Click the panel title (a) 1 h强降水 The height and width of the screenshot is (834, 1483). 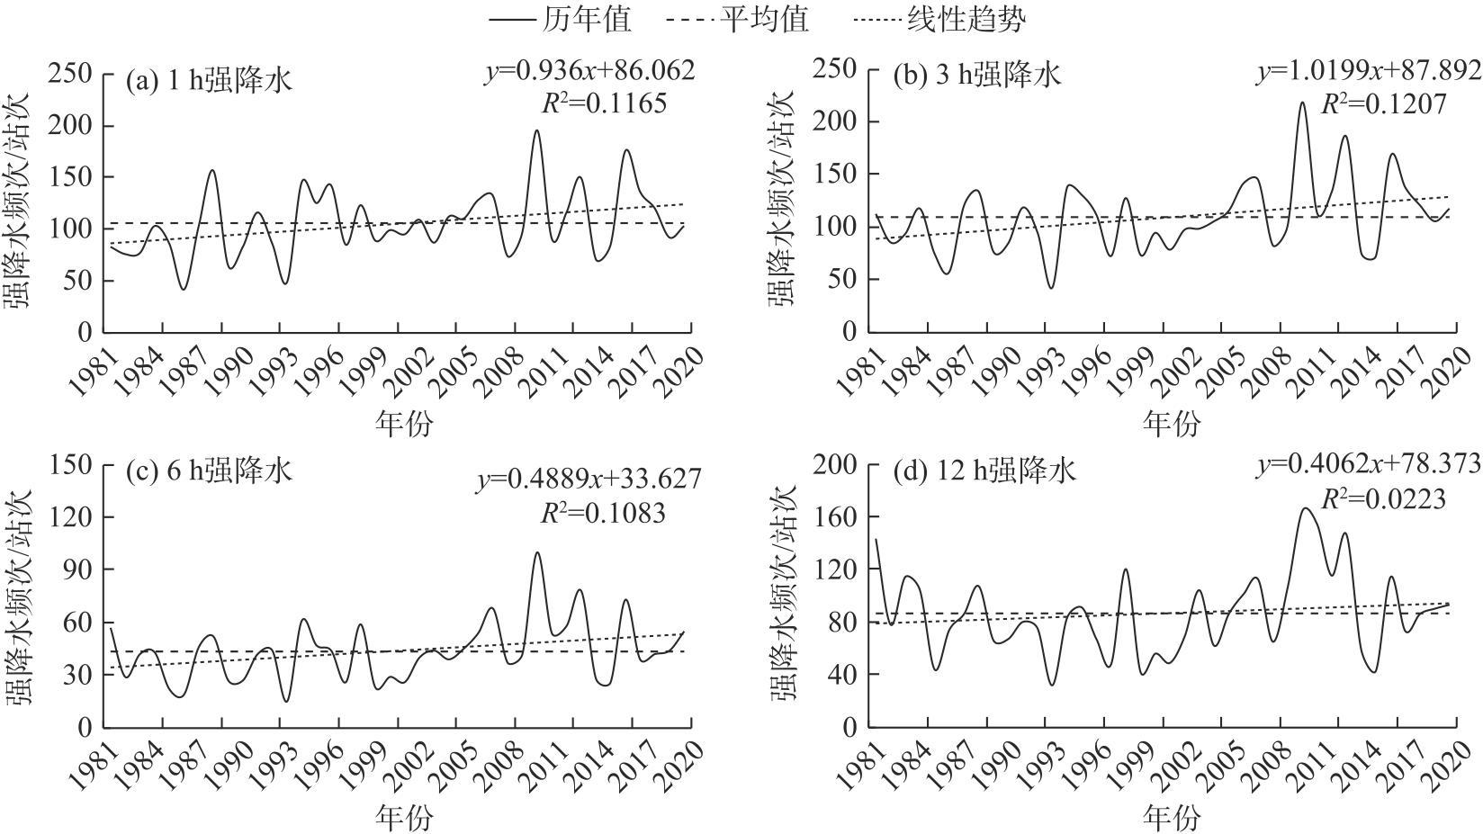(209, 81)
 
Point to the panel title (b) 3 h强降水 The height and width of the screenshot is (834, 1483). (976, 74)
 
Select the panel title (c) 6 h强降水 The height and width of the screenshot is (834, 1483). (209, 471)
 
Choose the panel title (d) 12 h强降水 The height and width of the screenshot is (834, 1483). (984, 471)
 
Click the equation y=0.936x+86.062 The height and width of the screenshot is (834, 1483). (589, 71)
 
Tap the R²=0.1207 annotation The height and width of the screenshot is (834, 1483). (1382, 104)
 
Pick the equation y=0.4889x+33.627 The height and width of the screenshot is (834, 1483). (589, 480)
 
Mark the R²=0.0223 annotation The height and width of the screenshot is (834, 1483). (1382, 498)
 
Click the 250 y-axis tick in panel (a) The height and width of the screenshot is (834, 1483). (71, 73)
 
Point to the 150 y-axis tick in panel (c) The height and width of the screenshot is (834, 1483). (71, 464)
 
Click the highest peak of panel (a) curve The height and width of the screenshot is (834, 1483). (536, 130)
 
